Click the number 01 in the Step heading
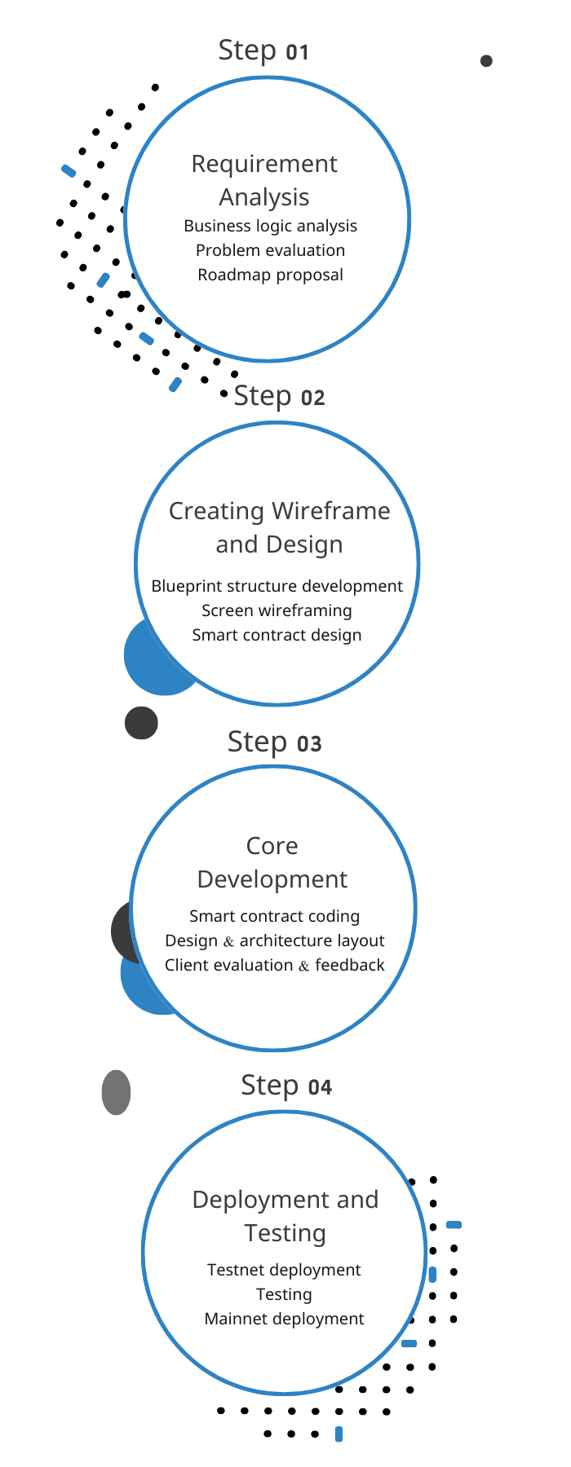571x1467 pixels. [x=297, y=53]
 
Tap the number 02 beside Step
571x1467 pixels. [x=312, y=398]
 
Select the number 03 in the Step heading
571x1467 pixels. [x=309, y=744]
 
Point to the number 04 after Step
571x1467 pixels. [x=320, y=1087]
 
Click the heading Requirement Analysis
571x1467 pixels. [x=264, y=180]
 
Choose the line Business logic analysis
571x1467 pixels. [x=270, y=226]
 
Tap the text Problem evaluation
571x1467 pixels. [x=270, y=250]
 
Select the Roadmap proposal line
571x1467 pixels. [x=270, y=275]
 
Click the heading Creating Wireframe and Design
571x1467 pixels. [x=279, y=527]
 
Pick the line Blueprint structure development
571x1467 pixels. [x=277, y=586]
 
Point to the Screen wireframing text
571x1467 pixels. [x=277, y=610]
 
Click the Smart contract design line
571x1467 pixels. [x=277, y=635]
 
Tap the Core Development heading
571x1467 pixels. [x=272, y=862]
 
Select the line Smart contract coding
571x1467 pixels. [x=274, y=916]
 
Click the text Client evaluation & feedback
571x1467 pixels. [x=274, y=965]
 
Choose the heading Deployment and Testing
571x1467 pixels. [x=285, y=1216]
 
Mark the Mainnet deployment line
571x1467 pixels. [x=284, y=1319]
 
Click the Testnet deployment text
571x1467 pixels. [x=284, y=1270]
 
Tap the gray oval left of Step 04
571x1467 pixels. [x=116, y=1092]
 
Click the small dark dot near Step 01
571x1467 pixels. [x=486, y=61]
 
